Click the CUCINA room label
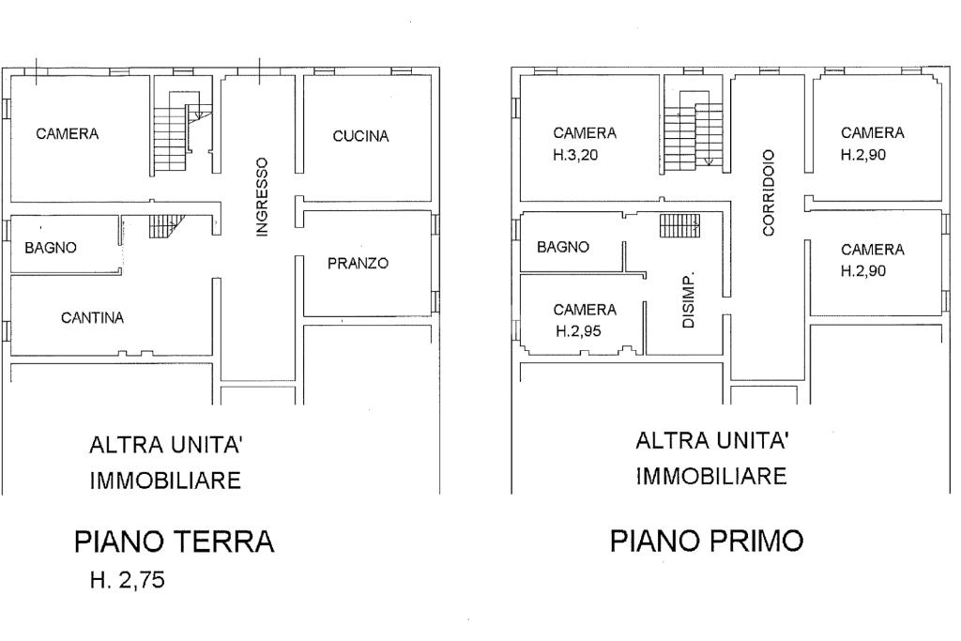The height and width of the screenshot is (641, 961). (x=360, y=136)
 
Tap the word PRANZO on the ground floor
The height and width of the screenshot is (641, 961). (x=358, y=264)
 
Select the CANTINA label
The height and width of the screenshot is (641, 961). (x=93, y=317)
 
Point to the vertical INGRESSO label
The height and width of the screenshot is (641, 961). (x=262, y=197)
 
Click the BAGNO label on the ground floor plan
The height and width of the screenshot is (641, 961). (x=51, y=248)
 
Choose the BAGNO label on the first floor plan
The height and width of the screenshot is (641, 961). (x=563, y=247)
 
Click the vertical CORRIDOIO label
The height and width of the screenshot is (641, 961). (x=769, y=192)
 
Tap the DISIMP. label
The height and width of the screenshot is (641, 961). (x=688, y=299)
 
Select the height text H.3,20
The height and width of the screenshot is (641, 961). (x=575, y=155)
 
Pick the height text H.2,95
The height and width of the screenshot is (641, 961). (x=578, y=331)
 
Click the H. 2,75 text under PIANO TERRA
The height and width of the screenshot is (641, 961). (x=128, y=580)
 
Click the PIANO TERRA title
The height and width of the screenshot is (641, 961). (x=174, y=542)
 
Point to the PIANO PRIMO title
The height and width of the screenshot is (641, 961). (x=707, y=541)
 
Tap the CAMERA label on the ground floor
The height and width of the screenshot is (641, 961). (x=68, y=133)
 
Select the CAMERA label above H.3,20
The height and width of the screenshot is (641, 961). (x=585, y=133)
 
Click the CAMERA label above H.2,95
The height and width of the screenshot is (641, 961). (x=585, y=310)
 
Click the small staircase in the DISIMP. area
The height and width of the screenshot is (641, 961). (x=679, y=225)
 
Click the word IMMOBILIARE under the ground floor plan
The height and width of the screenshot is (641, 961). (x=165, y=480)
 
